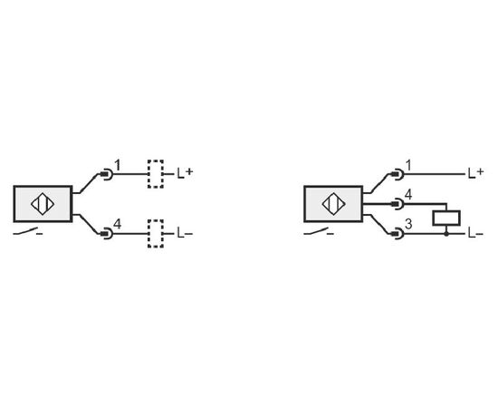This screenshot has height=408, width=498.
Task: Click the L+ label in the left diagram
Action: click(185, 172)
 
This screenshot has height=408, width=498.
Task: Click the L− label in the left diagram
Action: click(185, 234)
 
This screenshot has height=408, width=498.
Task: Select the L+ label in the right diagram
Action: click(475, 172)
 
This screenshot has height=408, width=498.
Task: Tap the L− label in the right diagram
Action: click(475, 234)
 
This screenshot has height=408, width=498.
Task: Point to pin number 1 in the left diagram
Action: click(118, 165)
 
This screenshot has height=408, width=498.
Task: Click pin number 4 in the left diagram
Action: click(118, 225)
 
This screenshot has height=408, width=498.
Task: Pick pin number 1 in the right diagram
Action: click(408, 165)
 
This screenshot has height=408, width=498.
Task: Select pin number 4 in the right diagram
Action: click(408, 195)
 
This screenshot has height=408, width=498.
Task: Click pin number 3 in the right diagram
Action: click(408, 224)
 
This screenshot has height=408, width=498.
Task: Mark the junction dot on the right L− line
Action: click(446, 234)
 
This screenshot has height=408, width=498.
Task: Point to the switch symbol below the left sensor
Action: click(28, 232)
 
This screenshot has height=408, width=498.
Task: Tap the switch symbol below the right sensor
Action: click(319, 232)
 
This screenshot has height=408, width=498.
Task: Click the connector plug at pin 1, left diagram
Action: click(107, 174)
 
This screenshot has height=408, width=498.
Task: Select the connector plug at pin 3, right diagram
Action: click(397, 234)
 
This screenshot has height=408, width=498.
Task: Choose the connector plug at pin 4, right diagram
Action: click(397, 204)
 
